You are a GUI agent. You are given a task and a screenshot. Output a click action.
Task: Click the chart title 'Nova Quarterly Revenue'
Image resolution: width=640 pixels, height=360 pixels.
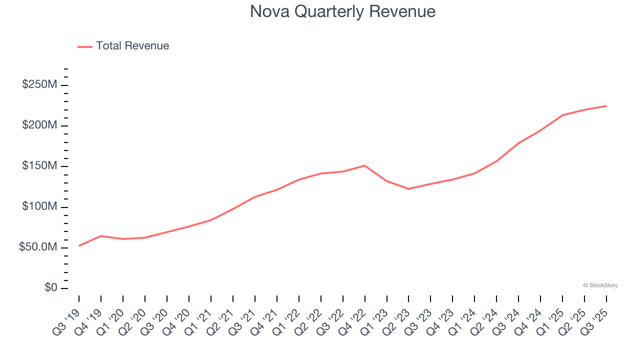point(342,11)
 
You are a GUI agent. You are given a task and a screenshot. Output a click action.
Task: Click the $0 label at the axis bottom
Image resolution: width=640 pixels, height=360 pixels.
point(50,288)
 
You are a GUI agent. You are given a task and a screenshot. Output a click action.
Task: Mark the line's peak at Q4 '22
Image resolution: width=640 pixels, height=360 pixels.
point(364,165)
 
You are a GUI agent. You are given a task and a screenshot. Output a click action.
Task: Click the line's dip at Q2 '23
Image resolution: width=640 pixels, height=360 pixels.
point(408,188)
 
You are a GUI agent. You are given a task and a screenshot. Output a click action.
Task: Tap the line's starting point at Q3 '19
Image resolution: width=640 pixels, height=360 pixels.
point(79,246)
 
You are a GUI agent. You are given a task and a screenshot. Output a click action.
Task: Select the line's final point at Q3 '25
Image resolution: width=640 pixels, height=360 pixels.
point(606,106)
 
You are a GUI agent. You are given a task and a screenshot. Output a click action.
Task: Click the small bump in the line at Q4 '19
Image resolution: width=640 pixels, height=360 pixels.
point(101,236)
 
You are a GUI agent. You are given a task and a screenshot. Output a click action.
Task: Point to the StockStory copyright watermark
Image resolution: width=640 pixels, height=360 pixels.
point(600,285)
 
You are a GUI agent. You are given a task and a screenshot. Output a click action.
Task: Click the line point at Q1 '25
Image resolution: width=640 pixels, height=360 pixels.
point(562,115)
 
